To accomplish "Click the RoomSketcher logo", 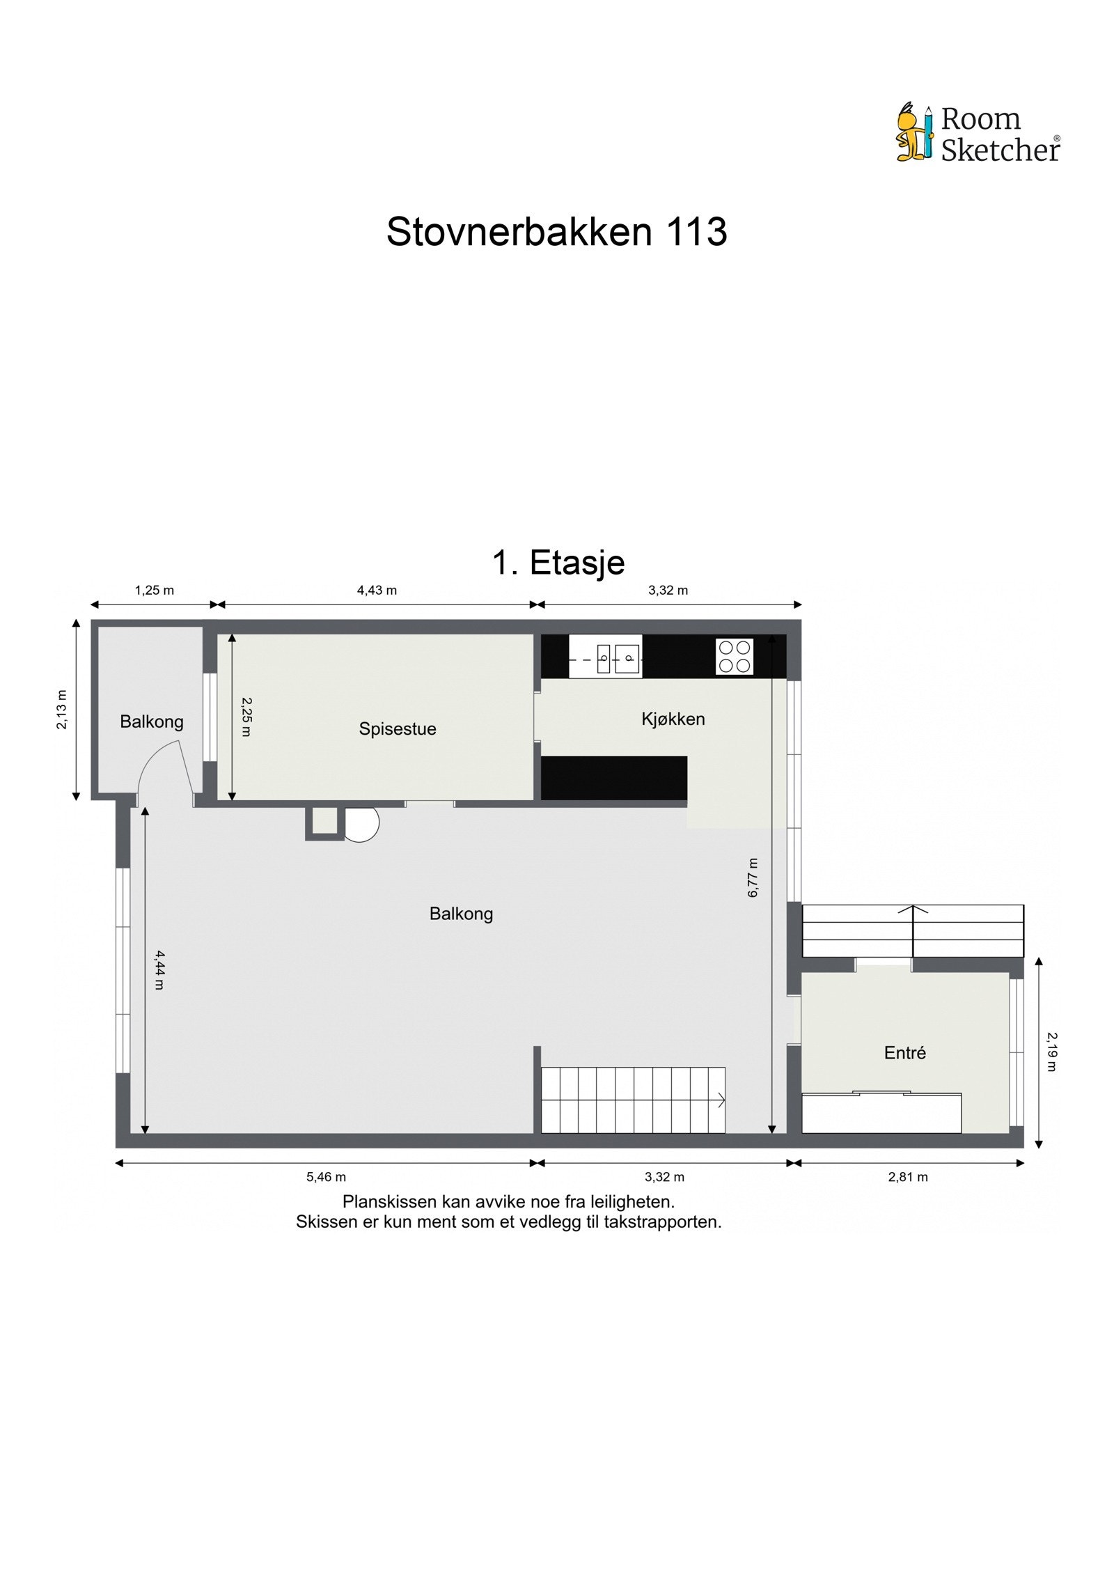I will pyautogui.click(x=978, y=133).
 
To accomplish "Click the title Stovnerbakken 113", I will pyautogui.click(x=556, y=231).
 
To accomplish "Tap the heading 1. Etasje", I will pyautogui.click(x=558, y=562).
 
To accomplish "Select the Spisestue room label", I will pyautogui.click(x=398, y=728).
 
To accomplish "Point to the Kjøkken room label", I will pyautogui.click(x=673, y=719).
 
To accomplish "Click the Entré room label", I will pyautogui.click(x=904, y=1052).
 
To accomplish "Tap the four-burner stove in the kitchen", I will pyautogui.click(x=735, y=656).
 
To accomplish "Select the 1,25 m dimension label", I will pyautogui.click(x=155, y=591).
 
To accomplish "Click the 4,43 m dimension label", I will pyautogui.click(x=377, y=591).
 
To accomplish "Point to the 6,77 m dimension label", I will pyautogui.click(x=753, y=877).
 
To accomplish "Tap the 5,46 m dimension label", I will pyautogui.click(x=326, y=1177).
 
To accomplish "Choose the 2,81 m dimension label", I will pyautogui.click(x=908, y=1177).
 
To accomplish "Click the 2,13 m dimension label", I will pyautogui.click(x=62, y=709).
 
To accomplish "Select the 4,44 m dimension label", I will pyautogui.click(x=159, y=969).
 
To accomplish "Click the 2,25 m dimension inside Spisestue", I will pyautogui.click(x=246, y=717).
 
